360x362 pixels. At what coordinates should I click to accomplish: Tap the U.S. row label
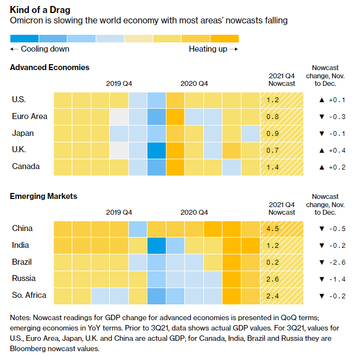[18, 99]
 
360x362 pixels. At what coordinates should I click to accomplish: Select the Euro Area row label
[29, 116]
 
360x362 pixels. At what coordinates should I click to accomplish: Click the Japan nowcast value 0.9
[273, 134]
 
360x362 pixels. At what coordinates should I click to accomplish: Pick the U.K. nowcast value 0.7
[273, 151]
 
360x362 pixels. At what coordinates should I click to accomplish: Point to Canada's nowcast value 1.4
[273, 167]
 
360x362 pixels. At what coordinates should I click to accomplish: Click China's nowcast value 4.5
[273, 229]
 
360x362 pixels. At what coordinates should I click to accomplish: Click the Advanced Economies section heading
[49, 67]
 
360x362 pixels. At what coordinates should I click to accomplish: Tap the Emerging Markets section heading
[44, 196]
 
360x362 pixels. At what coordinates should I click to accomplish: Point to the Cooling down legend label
[40, 49]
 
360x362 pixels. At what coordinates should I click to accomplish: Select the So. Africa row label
[29, 295]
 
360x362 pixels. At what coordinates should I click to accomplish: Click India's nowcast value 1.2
[273, 246]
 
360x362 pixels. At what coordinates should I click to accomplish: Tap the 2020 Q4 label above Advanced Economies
[194, 84]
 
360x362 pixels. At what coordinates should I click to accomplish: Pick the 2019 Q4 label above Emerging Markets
[119, 213]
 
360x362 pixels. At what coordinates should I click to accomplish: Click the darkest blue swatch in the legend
[24, 38]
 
